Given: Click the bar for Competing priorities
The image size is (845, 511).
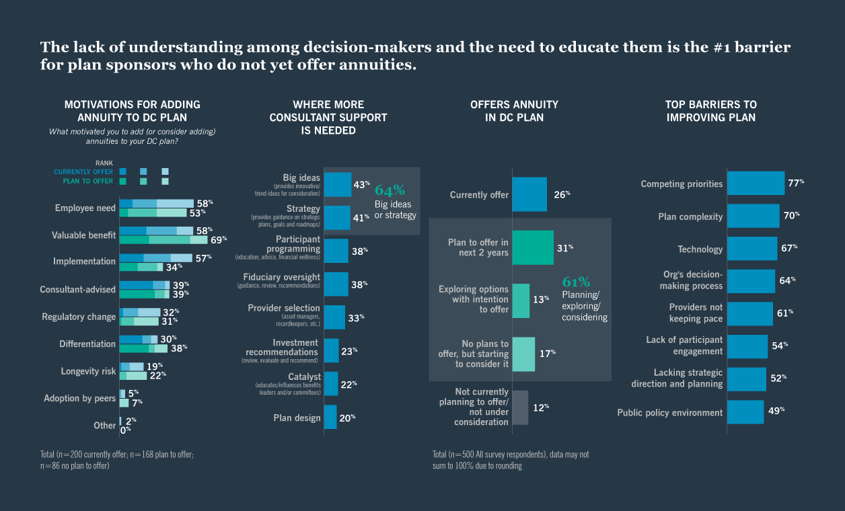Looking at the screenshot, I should tap(756, 184).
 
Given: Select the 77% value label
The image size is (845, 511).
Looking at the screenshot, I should tap(796, 183).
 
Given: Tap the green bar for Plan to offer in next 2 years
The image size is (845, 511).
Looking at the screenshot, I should tap(532, 247).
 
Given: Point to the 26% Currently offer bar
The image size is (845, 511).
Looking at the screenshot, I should tap(529, 194).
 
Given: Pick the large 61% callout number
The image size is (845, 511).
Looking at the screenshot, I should tap(576, 282).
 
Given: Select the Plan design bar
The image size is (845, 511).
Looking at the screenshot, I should tap(330, 418).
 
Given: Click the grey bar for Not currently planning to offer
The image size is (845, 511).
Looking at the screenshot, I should tap(520, 407).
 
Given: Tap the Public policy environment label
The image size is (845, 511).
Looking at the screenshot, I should tap(669, 413).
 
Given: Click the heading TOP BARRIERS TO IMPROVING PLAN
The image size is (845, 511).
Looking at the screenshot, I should tap(710, 111).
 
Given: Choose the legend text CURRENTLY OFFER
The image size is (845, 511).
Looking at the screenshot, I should tap(84, 172).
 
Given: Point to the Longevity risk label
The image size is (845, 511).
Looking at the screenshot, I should tap(88, 371).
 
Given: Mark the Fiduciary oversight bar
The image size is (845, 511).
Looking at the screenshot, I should tap(336, 284).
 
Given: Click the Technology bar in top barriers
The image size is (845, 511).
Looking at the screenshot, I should tap(752, 249).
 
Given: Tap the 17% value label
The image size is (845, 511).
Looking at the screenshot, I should tap(547, 352).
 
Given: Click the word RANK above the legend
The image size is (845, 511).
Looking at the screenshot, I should tap(104, 163).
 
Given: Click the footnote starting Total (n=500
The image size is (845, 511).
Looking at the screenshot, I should tap(510, 460).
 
